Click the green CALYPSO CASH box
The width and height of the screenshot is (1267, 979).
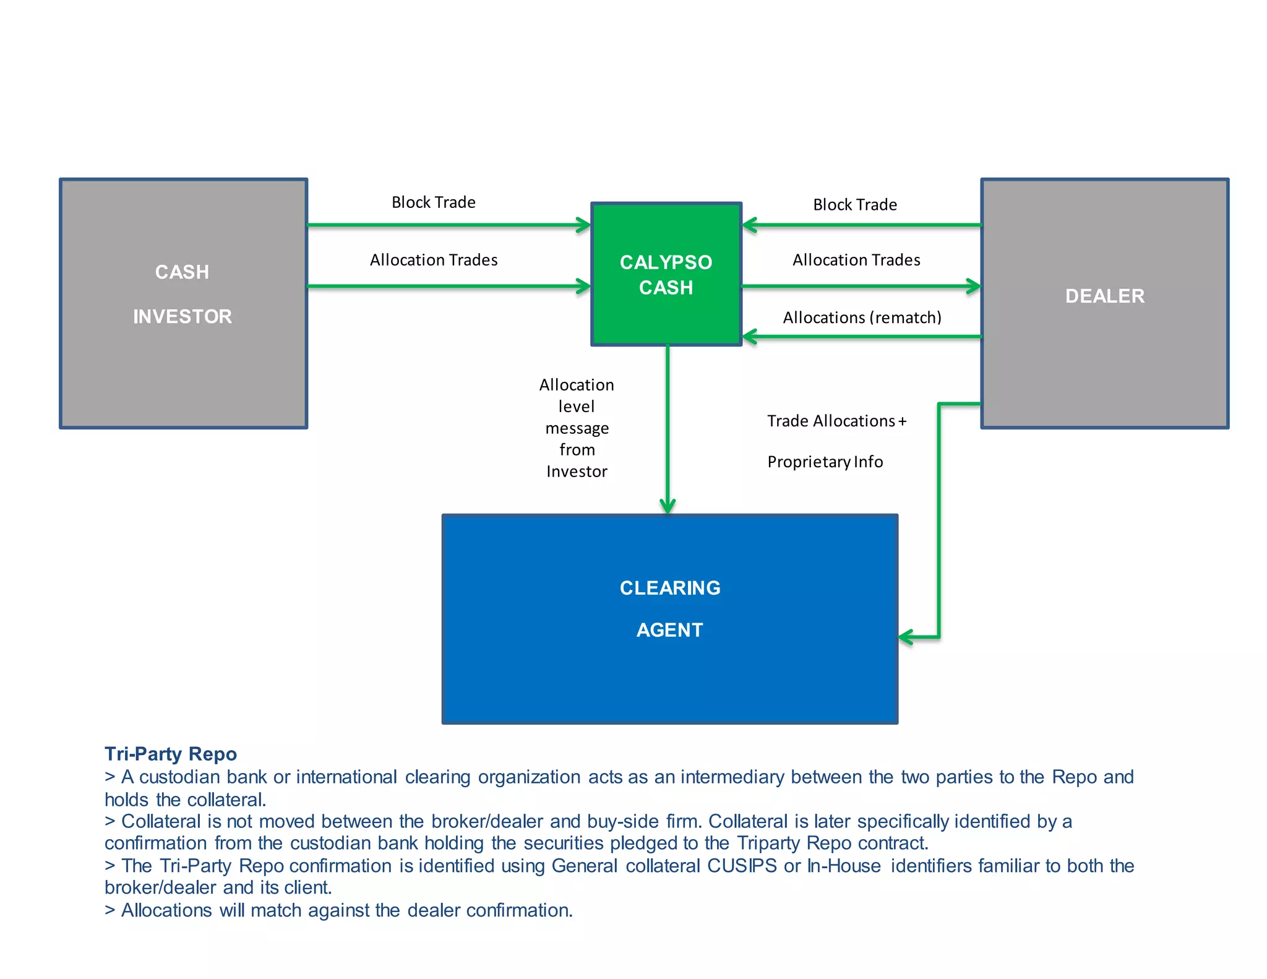pos(666,274)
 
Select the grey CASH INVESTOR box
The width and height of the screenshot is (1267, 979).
pos(183,303)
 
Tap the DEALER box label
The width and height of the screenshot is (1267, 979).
pos(1104,296)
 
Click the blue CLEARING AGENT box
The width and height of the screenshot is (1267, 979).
pos(669,619)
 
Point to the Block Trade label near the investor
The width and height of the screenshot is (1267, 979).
pos(433,202)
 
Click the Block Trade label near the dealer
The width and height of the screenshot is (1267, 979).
pos(854,205)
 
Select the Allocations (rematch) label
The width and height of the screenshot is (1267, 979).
pos(862,317)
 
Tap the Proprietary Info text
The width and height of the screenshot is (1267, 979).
pos(825,462)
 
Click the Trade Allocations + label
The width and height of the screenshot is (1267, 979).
pos(836,421)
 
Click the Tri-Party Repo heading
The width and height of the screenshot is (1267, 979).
pos(171,754)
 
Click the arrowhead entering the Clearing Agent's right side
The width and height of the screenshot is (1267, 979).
pos(906,637)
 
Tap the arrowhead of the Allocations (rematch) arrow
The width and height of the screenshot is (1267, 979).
pos(749,337)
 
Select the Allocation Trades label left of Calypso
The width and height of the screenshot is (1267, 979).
pos(433,260)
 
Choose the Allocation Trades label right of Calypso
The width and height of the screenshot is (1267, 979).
pos(856,260)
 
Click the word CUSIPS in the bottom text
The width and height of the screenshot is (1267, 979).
pos(741,866)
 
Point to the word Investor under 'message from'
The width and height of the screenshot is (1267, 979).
pos(577,472)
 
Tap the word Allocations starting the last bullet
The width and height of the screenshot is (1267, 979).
pos(166,910)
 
